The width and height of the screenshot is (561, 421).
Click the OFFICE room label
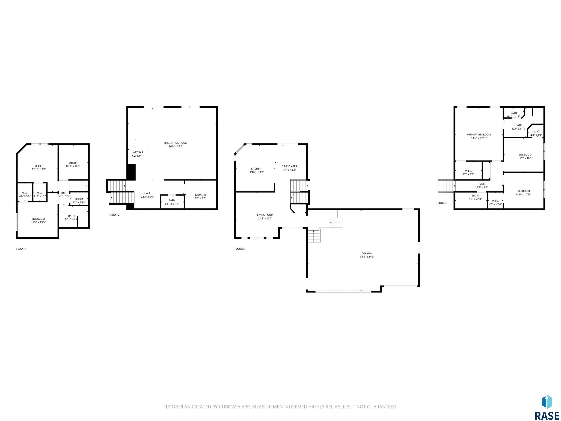tap(39, 166)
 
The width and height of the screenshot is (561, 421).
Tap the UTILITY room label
tap(73, 163)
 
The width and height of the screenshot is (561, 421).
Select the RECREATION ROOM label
tap(176, 143)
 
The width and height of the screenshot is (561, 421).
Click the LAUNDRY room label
tap(201, 195)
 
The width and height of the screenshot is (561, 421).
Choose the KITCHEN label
tap(256, 169)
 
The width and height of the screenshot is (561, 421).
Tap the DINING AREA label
tap(289, 166)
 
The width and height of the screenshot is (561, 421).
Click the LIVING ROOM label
tap(265, 215)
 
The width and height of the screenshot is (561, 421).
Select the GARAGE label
tap(367, 253)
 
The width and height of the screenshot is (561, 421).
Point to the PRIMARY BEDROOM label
tap(479, 135)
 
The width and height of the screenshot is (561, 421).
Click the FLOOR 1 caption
tap(21, 249)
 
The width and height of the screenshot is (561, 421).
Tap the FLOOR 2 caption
tap(114, 215)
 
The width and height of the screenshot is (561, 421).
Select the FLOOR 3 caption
tap(240, 249)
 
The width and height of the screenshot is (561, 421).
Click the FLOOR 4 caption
tap(442, 203)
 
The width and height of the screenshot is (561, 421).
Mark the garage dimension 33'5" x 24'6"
tap(367, 257)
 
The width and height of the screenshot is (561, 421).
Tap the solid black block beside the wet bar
tap(131, 172)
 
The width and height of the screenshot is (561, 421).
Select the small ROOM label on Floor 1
tap(79, 199)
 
